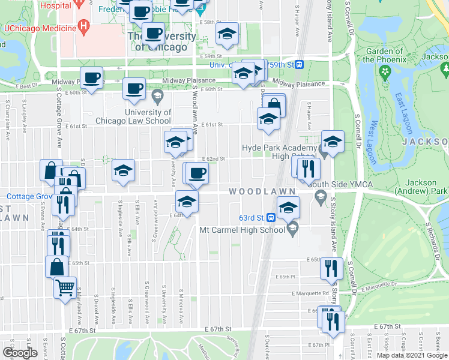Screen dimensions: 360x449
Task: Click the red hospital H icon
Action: (84, 27)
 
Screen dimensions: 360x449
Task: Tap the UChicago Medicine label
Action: (40, 28)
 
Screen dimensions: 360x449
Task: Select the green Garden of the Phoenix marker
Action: (384, 72)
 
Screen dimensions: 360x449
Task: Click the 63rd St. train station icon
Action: (271, 217)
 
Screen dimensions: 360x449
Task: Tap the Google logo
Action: (20, 353)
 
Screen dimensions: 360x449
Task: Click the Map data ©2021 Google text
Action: (412, 355)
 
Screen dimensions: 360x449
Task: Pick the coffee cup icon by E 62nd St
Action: (196, 173)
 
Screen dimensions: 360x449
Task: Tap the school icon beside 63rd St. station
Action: (289, 208)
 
